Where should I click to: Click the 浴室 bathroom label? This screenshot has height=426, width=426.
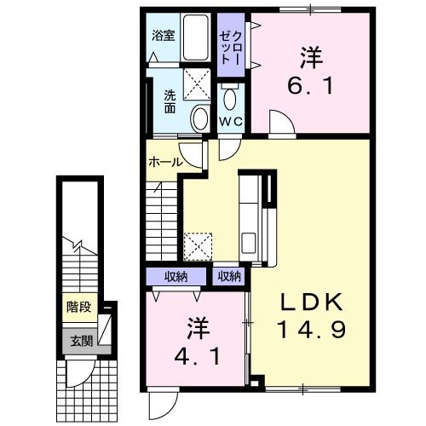pos(164,35)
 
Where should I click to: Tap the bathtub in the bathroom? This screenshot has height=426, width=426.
pos(196,37)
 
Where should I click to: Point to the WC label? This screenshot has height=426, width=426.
pos(233,122)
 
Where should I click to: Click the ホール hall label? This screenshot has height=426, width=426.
pos(164,161)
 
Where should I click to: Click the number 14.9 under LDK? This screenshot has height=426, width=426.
pos(312,330)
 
